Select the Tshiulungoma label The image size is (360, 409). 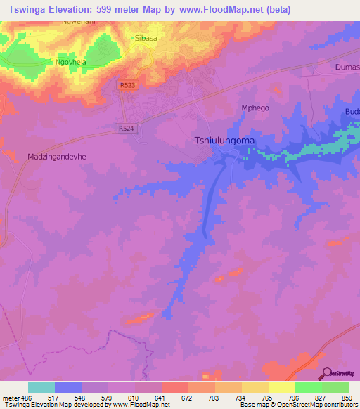[x=224, y=141]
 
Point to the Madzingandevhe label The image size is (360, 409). [x=56, y=157]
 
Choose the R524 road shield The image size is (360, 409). [x=125, y=129]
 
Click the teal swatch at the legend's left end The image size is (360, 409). [x=41, y=387]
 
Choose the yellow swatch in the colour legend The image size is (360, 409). [x=282, y=387]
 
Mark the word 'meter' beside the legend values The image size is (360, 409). [x=9, y=398]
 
